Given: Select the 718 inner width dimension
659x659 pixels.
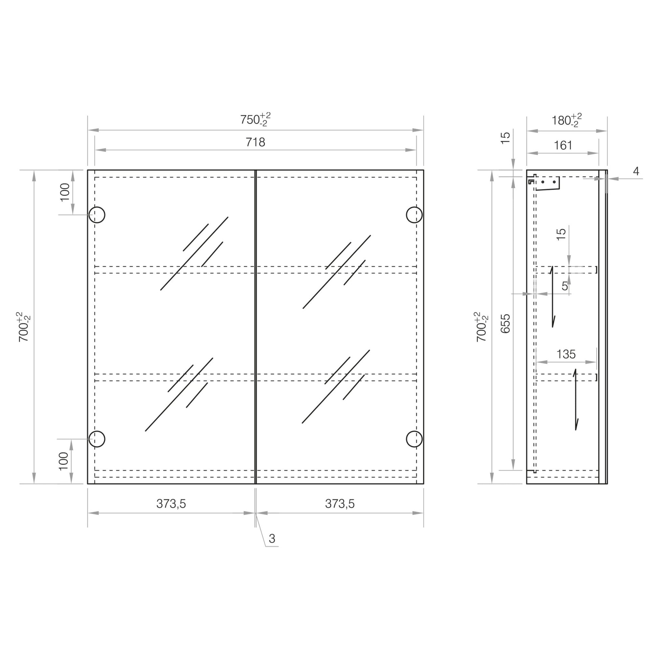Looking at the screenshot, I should click(255, 142).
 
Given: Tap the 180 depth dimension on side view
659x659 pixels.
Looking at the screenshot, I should click(566, 121).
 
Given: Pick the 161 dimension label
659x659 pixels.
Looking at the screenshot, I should click(563, 146).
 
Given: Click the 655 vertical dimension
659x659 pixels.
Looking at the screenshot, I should click(506, 323).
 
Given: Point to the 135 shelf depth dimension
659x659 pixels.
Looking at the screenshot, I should click(566, 355).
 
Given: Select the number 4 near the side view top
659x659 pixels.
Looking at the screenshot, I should click(636, 171).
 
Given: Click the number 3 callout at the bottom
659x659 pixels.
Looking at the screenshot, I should click(272, 539).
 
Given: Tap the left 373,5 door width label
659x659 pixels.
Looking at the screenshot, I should click(171, 504).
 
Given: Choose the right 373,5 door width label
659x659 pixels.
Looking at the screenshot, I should click(340, 504).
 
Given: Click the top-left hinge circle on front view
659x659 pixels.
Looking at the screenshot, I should click(97, 215).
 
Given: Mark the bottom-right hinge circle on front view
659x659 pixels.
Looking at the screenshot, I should click(414, 439).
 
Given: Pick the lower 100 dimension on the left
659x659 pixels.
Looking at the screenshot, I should click(64, 461).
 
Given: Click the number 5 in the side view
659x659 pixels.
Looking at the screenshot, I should click(565, 286).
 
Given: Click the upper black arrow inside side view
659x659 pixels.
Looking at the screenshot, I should click(552, 297).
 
